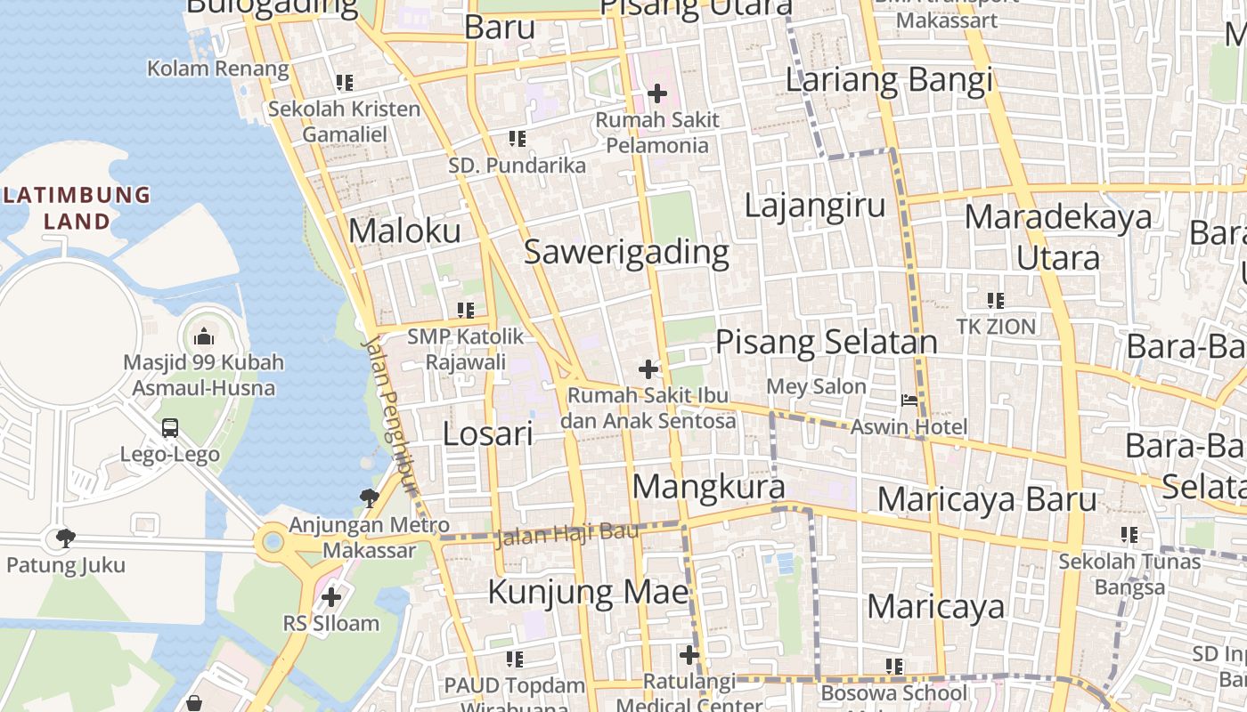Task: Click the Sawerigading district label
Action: [626, 252]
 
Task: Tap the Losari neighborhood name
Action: [488, 433]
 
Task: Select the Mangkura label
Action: [709, 487]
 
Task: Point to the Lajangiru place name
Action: [815, 206]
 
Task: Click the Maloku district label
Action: [404, 231]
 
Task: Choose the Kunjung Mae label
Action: [589, 592]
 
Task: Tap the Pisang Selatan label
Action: [827, 342]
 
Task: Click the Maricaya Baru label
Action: [987, 499]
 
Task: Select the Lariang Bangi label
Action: [888, 80]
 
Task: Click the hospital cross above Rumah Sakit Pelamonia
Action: [657, 93]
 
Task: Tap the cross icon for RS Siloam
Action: [331, 596]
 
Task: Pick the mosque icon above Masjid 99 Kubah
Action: [204, 336]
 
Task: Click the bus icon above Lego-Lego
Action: [170, 428]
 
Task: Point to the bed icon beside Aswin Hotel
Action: [909, 400]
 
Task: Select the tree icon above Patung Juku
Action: [65, 538]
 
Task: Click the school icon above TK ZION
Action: [996, 301]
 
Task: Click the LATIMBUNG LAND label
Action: [77, 207]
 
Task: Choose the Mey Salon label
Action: [816, 386]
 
